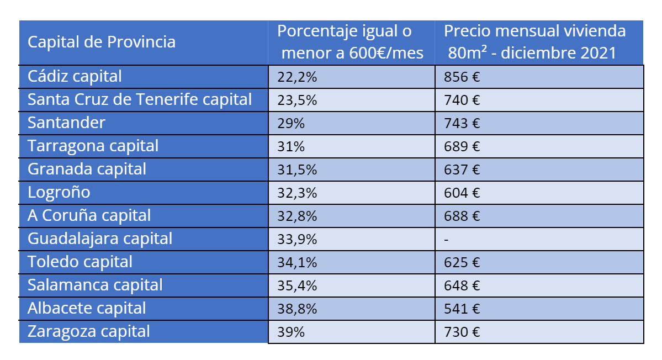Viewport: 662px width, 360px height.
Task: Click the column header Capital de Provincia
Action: click(102, 42)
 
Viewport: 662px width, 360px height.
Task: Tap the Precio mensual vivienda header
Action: click(534, 42)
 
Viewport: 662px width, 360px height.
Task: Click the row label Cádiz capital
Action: click(75, 76)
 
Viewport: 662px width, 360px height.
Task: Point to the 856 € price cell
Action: click(462, 77)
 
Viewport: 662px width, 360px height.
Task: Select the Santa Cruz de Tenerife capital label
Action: click(140, 99)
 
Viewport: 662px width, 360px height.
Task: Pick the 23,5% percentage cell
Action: click(297, 100)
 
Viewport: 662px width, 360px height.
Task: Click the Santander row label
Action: click(66, 123)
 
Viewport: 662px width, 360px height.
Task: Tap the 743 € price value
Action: click(462, 124)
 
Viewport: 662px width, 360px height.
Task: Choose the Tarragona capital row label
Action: click(93, 146)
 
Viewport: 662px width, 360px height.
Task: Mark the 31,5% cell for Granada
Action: click(297, 170)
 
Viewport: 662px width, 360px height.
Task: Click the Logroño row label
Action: click(59, 192)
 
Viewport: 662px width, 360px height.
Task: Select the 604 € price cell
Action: click(462, 193)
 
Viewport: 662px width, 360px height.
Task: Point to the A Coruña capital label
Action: click(89, 215)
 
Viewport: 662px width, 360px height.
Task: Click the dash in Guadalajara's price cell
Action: click(446, 240)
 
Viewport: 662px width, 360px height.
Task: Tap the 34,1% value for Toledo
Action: click(297, 263)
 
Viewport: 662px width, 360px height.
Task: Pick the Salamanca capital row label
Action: click(95, 285)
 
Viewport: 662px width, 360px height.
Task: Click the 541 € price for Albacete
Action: click(462, 309)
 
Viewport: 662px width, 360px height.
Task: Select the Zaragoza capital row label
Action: click(88, 331)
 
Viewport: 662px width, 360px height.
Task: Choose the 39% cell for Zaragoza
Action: click(290, 332)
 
